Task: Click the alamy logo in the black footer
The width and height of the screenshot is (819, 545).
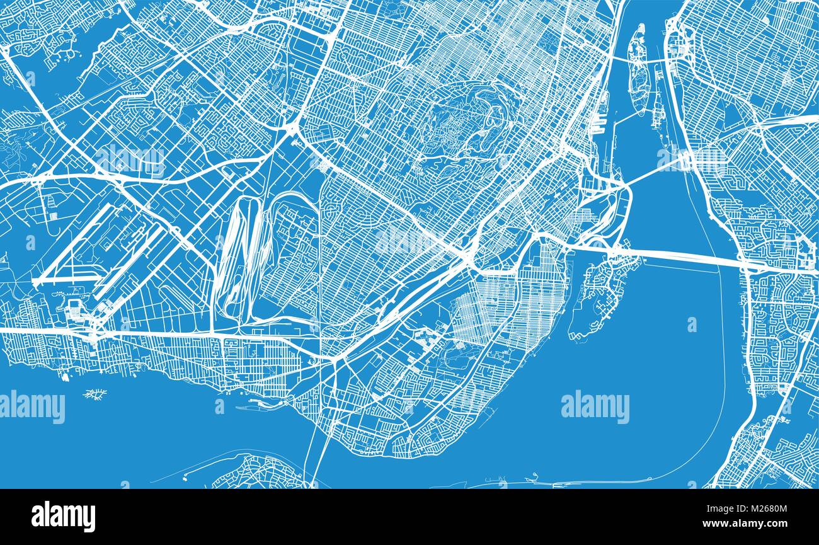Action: pyautogui.click(x=63, y=516)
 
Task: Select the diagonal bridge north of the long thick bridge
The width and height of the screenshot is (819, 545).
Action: pyautogui.click(x=655, y=170)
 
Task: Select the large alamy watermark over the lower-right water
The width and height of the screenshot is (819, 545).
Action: pyautogui.click(x=595, y=407)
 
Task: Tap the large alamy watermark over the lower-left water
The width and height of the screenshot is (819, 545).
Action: pyautogui.click(x=31, y=407)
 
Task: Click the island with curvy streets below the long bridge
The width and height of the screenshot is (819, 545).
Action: pyautogui.click(x=595, y=296)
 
